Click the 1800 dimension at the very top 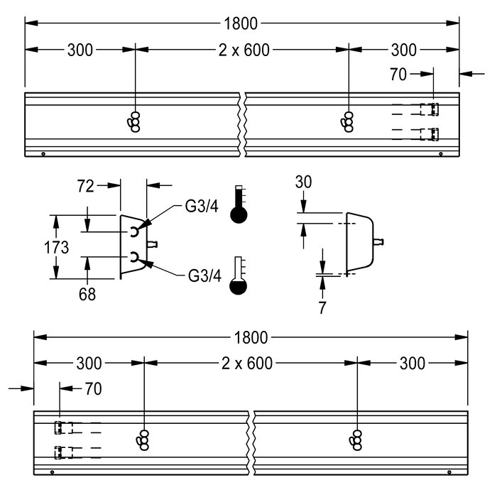[241, 23]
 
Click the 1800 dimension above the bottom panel [251, 338]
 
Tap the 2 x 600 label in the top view [244, 50]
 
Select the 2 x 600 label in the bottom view [247, 364]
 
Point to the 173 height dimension [56, 247]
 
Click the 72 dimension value [86, 186]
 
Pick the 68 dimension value [87, 294]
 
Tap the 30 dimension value [303, 182]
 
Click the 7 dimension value [322, 307]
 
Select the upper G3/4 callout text [202, 207]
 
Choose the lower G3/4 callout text [204, 275]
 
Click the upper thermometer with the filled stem [239, 204]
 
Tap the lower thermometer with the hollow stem [239, 275]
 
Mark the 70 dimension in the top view [398, 75]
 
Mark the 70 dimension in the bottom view [93, 388]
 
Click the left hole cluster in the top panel [134, 121]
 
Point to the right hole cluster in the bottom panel [356, 440]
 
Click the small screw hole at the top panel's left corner [43, 154]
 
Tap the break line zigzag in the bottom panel [251, 443]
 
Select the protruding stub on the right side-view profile [378, 242]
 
